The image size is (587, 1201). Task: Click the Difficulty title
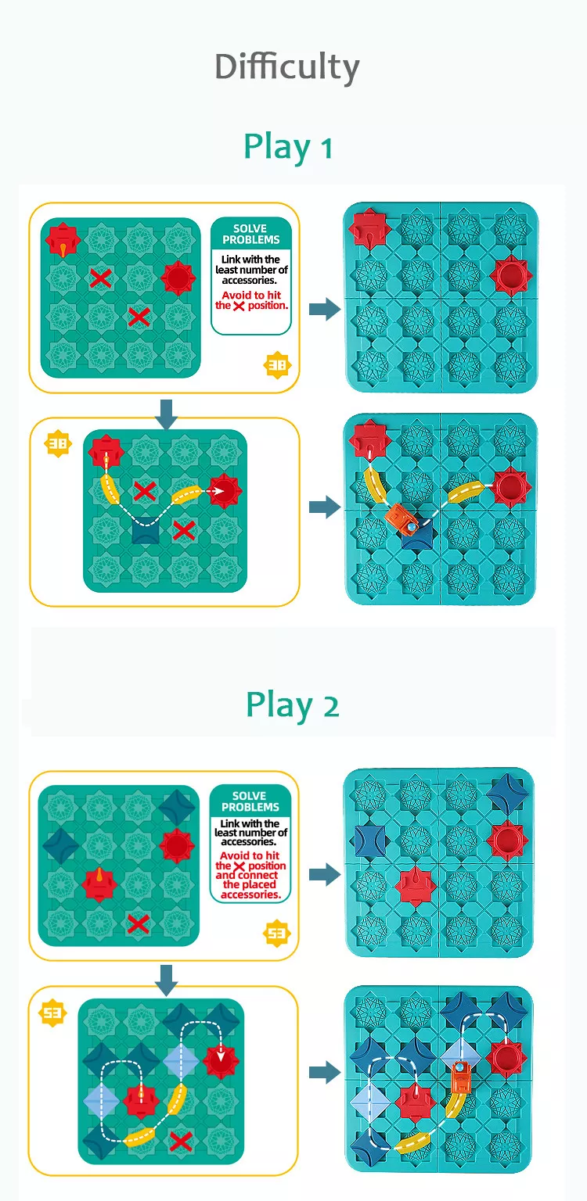287,68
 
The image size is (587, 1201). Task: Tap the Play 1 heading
288,147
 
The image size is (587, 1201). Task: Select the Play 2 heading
293,705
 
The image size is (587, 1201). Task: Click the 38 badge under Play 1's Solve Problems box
277,365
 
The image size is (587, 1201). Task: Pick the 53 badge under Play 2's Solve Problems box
277,934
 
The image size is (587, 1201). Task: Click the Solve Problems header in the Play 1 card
251,234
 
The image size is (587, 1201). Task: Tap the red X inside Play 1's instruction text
239,307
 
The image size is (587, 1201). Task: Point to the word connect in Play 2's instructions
257,875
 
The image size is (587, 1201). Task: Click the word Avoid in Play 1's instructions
236,295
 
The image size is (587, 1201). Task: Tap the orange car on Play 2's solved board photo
461,1076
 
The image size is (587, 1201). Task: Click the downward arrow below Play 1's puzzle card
167,414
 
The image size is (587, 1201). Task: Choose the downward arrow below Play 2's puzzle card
167,981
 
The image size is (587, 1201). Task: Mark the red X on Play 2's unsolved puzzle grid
139,923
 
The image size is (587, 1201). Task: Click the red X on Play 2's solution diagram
181,1141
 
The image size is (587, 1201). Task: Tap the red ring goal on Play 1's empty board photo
510,275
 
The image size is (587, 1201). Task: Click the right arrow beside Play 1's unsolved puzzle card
325,309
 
